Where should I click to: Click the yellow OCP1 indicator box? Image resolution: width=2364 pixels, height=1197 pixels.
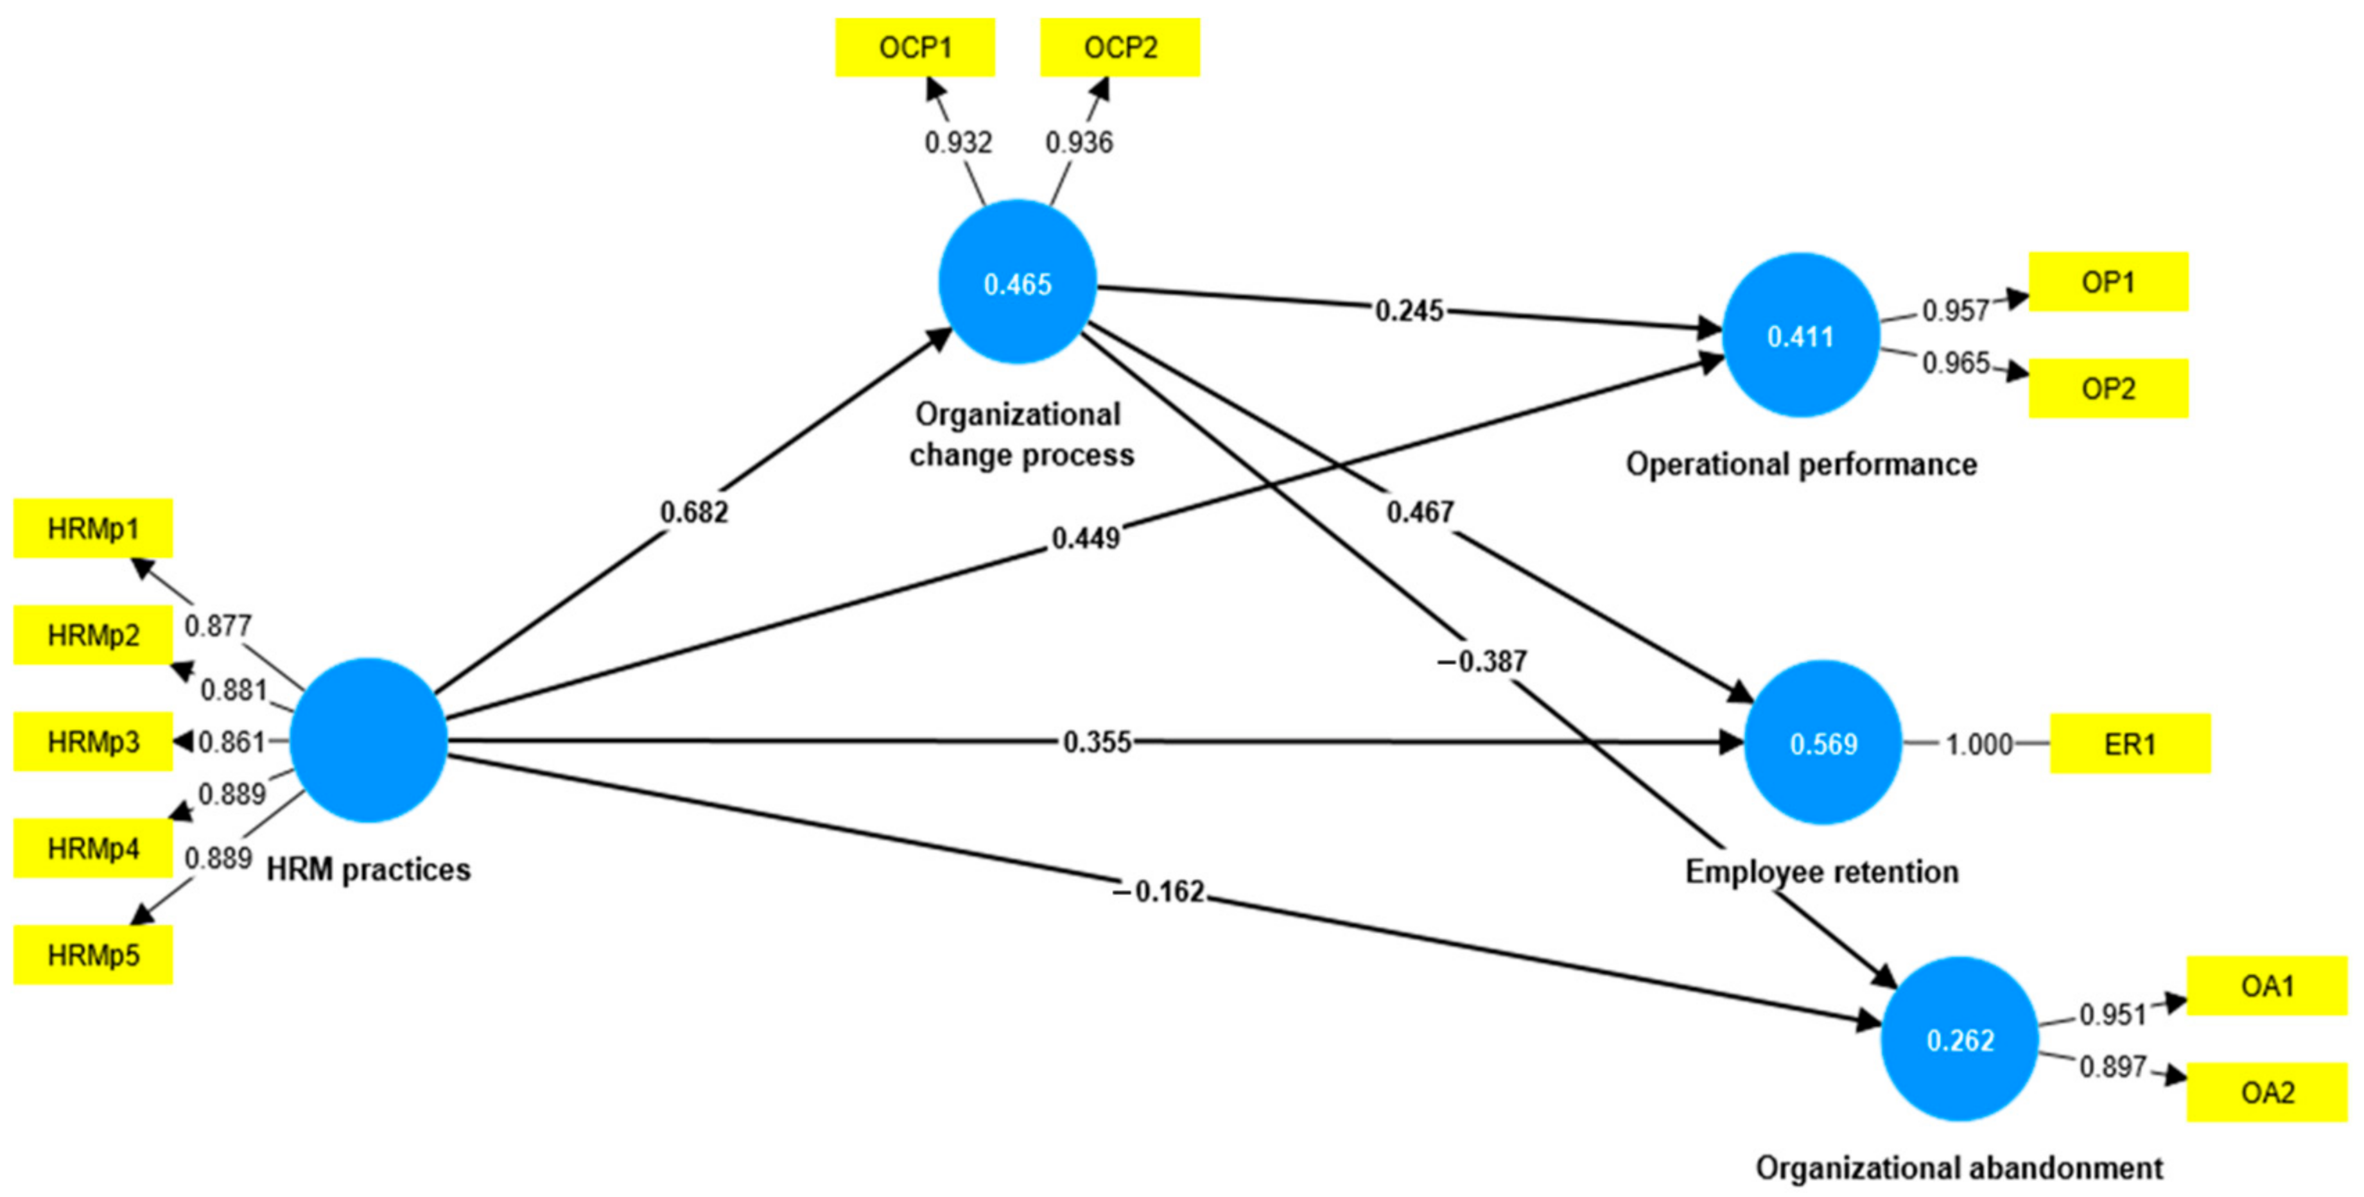(x=915, y=48)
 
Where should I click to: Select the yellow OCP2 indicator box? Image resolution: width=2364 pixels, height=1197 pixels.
(x=1120, y=48)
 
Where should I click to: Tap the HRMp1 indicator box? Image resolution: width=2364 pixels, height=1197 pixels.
(x=93, y=528)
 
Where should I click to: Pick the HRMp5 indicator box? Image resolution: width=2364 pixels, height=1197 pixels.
(x=93, y=955)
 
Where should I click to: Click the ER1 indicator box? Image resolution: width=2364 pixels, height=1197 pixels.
(x=2129, y=743)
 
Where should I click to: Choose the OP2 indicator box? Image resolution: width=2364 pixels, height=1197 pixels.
(x=2108, y=388)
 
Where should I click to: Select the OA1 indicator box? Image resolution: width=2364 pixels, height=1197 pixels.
(x=2267, y=986)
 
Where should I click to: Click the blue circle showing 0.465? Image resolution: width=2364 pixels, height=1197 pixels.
(x=1018, y=283)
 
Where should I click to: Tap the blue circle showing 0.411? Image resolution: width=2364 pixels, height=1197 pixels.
(x=1800, y=336)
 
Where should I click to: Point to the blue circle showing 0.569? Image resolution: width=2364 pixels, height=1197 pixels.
(x=1823, y=743)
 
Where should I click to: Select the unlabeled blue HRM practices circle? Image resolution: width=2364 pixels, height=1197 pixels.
(x=369, y=740)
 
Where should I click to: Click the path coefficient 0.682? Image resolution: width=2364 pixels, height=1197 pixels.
(x=694, y=511)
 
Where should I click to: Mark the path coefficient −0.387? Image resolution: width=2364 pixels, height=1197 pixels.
(x=1481, y=661)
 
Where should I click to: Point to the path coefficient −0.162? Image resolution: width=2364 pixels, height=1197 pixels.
(x=1159, y=891)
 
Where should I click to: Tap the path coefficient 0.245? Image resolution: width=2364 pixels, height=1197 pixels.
(x=1409, y=311)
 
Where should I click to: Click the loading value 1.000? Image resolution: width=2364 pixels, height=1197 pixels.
(x=1979, y=743)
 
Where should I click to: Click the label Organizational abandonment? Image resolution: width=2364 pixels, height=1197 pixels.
(x=1959, y=1168)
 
